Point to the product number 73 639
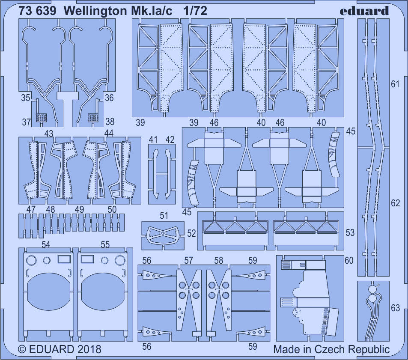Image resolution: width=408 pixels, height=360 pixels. pyautogui.click(x=38, y=11)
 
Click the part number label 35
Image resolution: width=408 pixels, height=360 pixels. pyautogui.click(x=25, y=98)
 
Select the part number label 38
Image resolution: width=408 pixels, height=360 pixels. pyautogui.click(x=110, y=122)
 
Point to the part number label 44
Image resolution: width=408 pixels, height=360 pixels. pyautogui.click(x=109, y=134)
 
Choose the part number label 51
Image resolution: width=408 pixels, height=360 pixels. pyautogui.click(x=164, y=216)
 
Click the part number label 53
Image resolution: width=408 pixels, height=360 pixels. pyautogui.click(x=350, y=232)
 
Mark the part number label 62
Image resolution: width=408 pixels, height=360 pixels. pyautogui.click(x=395, y=203)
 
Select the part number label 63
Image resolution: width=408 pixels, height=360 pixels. pyautogui.click(x=395, y=308)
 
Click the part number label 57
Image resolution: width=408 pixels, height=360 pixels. pyautogui.click(x=189, y=260)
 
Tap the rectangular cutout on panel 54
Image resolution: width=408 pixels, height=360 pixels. pyautogui.click(x=64, y=259)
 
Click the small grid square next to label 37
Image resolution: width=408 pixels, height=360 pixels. pyautogui.click(x=42, y=116)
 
